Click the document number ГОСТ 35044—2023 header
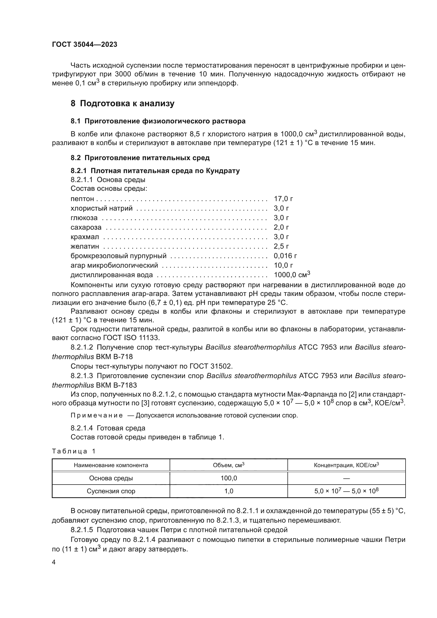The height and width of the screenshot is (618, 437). (x=85, y=44)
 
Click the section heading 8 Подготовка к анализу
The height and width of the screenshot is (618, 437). (x=122, y=103)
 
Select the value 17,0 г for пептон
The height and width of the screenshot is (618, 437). (x=283, y=199)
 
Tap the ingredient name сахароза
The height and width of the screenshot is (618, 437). (x=86, y=227)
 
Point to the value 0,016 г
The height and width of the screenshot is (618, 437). (x=285, y=256)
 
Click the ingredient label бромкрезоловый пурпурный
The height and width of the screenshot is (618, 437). (x=119, y=256)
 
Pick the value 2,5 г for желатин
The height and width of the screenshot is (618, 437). (x=281, y=247)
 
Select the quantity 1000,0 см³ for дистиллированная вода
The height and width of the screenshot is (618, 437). (x=292, y=275)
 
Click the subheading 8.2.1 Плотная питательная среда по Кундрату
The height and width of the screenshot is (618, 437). (x=155, y=171)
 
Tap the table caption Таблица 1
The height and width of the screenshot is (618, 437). (x=74, y=451)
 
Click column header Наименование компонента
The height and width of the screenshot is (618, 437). (x=111, y=465)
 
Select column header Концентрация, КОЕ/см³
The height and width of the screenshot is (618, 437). (x=346, y=465)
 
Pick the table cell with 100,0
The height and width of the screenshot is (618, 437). (x=229, y=478)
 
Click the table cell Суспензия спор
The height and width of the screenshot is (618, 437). (x=111, y=491)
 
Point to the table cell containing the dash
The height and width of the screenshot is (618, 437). (x=347, y=478)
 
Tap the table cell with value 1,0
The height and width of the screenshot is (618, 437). (x=229, y=491)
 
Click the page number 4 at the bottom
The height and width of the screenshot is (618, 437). (x=54, y=562)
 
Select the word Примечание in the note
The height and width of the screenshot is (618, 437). (x=97, y=415)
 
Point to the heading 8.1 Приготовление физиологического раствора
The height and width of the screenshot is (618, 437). (x=158, y=121)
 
